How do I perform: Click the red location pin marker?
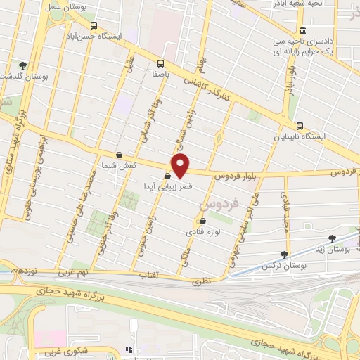(x=181, y=165)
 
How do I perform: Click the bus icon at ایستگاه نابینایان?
(x=300, y=126)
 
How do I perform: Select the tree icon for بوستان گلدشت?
(x=22, y=65)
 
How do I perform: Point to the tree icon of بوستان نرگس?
(x=284, y=255)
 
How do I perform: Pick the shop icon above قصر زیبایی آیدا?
(x=167, y=176)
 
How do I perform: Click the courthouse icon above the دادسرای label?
(x=302, y=30)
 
